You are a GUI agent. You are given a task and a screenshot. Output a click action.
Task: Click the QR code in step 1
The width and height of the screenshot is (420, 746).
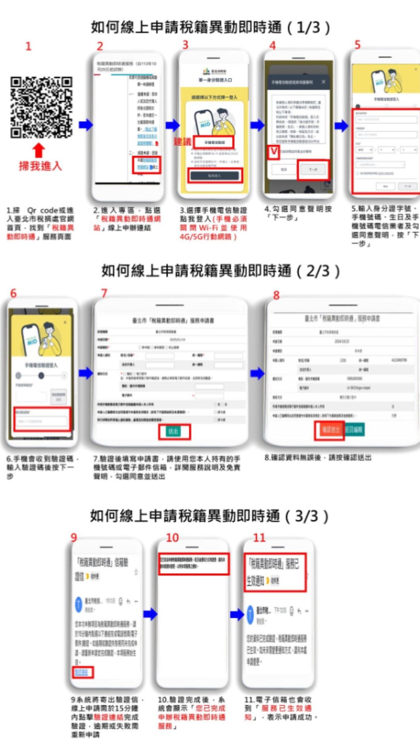tap(41, 107)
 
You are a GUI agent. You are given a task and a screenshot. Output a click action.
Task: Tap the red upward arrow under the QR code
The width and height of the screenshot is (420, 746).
tap(38, 150)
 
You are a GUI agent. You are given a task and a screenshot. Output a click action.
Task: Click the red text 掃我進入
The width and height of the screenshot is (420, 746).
tap(40, 166)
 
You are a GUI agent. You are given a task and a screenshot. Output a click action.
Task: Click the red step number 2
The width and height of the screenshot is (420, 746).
tap(100, 46)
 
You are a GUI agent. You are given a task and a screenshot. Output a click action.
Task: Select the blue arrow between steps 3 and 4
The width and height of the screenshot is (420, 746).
tap(257, 125)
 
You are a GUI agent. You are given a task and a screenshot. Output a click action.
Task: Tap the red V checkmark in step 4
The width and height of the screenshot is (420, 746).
tap(273, 152)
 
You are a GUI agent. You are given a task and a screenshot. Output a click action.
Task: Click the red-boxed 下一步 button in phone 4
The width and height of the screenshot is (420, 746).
tap(313, 170)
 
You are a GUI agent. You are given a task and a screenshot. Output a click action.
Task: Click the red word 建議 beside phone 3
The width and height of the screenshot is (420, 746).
tap(182, 141)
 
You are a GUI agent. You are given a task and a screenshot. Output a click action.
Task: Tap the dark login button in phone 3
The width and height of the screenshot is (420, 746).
tap(215, 175)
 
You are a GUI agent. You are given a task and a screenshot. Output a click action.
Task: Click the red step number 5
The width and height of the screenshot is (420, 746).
tap(357, 45)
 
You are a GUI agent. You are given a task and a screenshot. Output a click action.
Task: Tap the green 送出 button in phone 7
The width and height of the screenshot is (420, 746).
tap(174, 431)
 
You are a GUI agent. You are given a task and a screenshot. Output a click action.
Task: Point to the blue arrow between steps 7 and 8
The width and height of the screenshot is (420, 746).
tap(257, 373)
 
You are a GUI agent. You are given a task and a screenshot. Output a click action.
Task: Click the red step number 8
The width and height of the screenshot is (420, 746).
tap(276, 295)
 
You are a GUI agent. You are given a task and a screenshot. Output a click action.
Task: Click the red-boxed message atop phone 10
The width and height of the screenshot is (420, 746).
tap(193, 563)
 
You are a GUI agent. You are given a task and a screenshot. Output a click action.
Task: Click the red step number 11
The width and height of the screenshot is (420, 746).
tap(259, 538)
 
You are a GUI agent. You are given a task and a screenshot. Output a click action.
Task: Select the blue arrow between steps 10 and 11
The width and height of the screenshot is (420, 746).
tap(237, 614)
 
